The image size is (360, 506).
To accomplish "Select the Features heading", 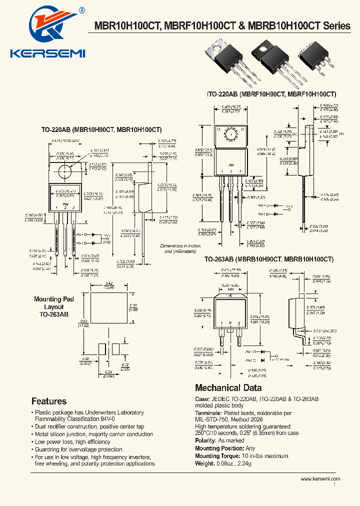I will pyautogui.click(x=49, y=401).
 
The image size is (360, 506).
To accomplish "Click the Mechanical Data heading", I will pyautogui.click(x=228, y=388).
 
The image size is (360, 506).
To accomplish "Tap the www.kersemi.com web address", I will pyautogui.click(x=320, y=479).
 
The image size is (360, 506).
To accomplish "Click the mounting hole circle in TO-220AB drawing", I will pyautogui.click(x=65, y=171).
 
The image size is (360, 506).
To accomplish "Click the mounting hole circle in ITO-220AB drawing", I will pyautogui.click(x=231, y=135).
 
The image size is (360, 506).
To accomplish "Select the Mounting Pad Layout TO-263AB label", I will pyautogui.click(x=54, y=307).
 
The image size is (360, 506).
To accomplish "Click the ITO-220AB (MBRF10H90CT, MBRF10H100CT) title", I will pyautogui.click(x=271, y=94).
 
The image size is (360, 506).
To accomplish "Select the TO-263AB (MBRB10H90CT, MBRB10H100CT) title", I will pyautogui.click(x=268, y=259).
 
